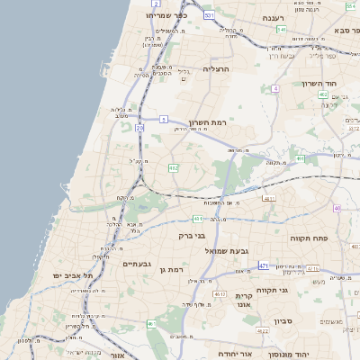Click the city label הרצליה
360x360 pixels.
[x=217, y=68]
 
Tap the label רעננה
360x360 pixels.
[x=274, y=17]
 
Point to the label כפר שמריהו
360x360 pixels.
[x=167, y=15]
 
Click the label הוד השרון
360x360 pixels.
[x=335, y=81]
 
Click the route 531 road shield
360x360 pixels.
[x=210, y=15]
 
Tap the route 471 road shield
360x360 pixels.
[x=263, y=266]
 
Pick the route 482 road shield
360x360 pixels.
[x=173, y=167]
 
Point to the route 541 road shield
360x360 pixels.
[x=283, y=30]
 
